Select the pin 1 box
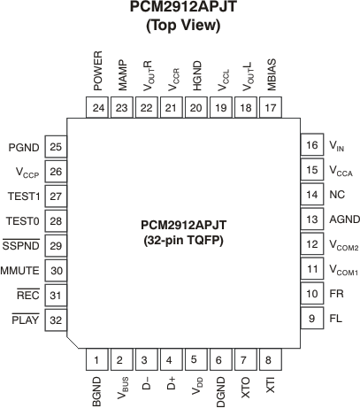(96, 360)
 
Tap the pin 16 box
(310, 145)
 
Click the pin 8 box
(268, 360)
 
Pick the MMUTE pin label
(19, 272)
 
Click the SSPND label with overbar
(19, 247)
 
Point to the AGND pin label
(342, 219)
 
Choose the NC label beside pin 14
(336, 195)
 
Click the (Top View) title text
(181, 26)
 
